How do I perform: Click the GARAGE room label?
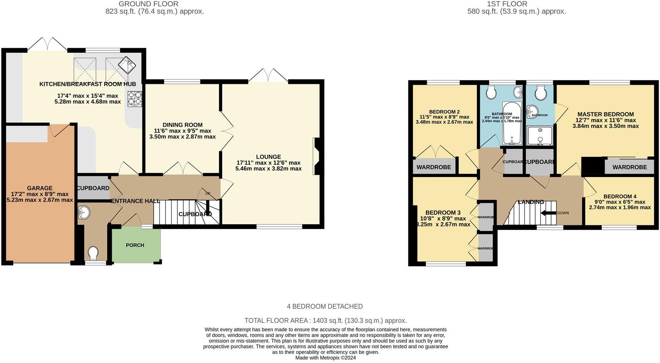coord(40,188)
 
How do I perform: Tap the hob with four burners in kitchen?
coord(135,99)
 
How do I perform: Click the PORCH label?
coord(135,245)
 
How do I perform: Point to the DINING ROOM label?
coord(182,125)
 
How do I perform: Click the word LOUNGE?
coord(269,157)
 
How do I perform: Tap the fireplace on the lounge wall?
coord(316,156)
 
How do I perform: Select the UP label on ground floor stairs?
coord(208,194)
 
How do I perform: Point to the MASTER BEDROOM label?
coord(605,114)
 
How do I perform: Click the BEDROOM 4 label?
coord(620,196)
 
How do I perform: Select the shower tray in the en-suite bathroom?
coord(539,136)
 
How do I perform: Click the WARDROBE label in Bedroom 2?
coord(434,167)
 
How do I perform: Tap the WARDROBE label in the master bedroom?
coord(630,167)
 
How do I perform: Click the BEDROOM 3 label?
coord(443,212)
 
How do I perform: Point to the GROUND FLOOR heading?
coord(148,4)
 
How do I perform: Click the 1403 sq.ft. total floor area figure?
coord(327,321)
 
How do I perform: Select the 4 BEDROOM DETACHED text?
coord(325,306)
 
